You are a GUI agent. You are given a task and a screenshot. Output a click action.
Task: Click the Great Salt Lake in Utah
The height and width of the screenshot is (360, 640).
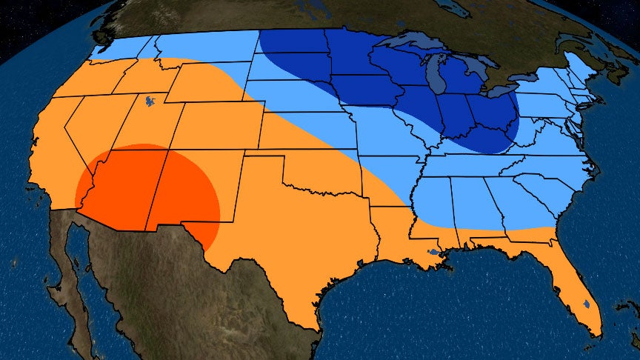tap(151, 99)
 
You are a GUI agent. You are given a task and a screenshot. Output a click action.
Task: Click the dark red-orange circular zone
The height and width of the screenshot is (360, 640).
tap(148, 193)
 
